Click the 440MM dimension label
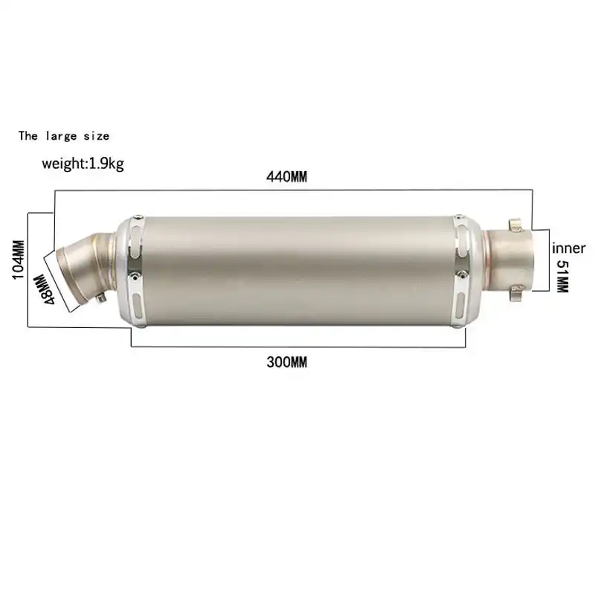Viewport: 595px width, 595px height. click(286, 178)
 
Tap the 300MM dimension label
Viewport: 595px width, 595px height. click(286, 362)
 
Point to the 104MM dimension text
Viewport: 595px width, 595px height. click(18, 259)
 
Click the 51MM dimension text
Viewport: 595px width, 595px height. click(562, 275)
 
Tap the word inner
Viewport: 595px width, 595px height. click(568, 248)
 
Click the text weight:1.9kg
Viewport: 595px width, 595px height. click(83, 164)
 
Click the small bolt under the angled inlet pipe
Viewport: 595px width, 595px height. click(102, 299)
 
